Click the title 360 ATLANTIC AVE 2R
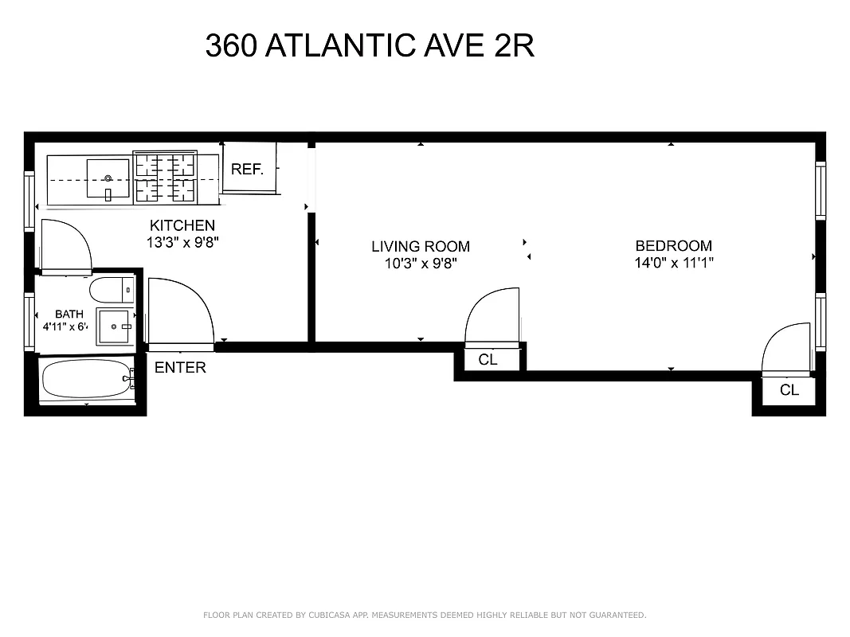coord(369,45)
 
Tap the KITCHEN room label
coord(182,225)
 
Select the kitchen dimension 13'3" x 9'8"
coord(182,243)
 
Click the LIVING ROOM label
coord(421,246)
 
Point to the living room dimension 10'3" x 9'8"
coord(421,264)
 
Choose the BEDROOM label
coord(673,245)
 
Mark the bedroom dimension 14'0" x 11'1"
coord(673,263)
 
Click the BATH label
coord(69,315)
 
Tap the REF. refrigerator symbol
coord(248,169)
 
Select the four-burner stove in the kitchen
coord(165,178)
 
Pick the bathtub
coord(85,381)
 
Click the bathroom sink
coord(116,327)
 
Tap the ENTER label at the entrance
coord(180,367)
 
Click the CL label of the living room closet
coord(488,360)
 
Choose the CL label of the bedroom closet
coord(789,390)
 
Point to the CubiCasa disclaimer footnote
coord(425,615)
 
